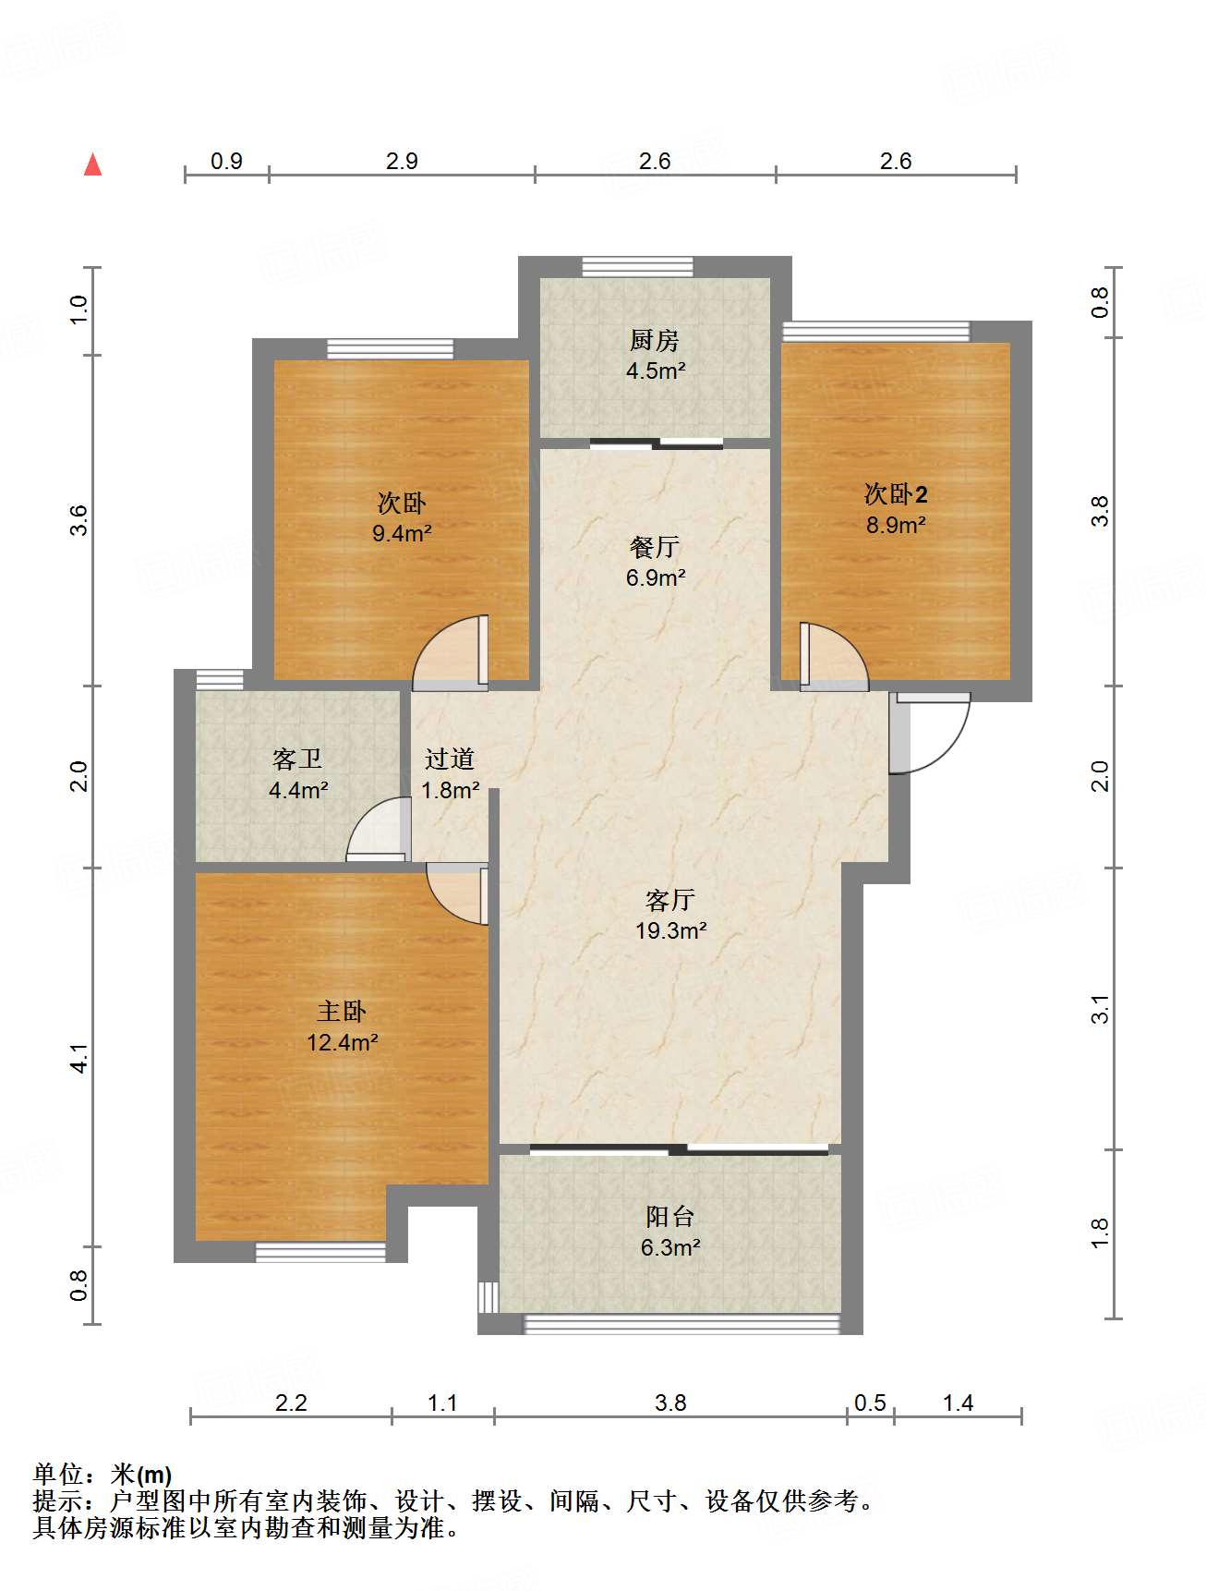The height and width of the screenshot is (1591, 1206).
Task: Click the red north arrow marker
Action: [x=92, y=164]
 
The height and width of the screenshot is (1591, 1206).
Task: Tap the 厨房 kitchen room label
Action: [x=655, y=341]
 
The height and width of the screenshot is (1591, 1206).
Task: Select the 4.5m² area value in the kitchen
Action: [x=655, y=371]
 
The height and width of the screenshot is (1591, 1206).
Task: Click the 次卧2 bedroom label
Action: [x=895, y=494]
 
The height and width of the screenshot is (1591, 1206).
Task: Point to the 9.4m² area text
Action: [x=402, y=533]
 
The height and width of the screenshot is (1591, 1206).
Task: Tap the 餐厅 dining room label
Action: [x=655, y=547]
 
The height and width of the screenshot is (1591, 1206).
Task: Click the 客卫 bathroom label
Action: [x=297, y=759]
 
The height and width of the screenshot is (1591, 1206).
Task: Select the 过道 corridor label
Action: [x=450, y=759]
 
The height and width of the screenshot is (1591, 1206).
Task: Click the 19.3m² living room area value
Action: [x=670, y=930]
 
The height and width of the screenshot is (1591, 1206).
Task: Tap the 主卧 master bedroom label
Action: [x=342, y=1012]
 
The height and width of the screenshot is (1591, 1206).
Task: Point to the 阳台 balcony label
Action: [x=669, y=1217]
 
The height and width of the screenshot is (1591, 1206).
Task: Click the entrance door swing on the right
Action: [x=929, y=732]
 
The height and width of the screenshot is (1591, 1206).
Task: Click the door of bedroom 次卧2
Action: [x=833, y=656]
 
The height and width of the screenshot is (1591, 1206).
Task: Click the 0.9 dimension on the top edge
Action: [x=226, y=161]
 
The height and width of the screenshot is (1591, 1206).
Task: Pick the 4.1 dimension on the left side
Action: [x=80, y=1058]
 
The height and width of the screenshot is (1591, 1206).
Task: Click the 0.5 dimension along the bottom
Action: [x=870, y=1403]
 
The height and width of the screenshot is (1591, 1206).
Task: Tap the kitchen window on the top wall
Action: [x=637, y=266]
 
